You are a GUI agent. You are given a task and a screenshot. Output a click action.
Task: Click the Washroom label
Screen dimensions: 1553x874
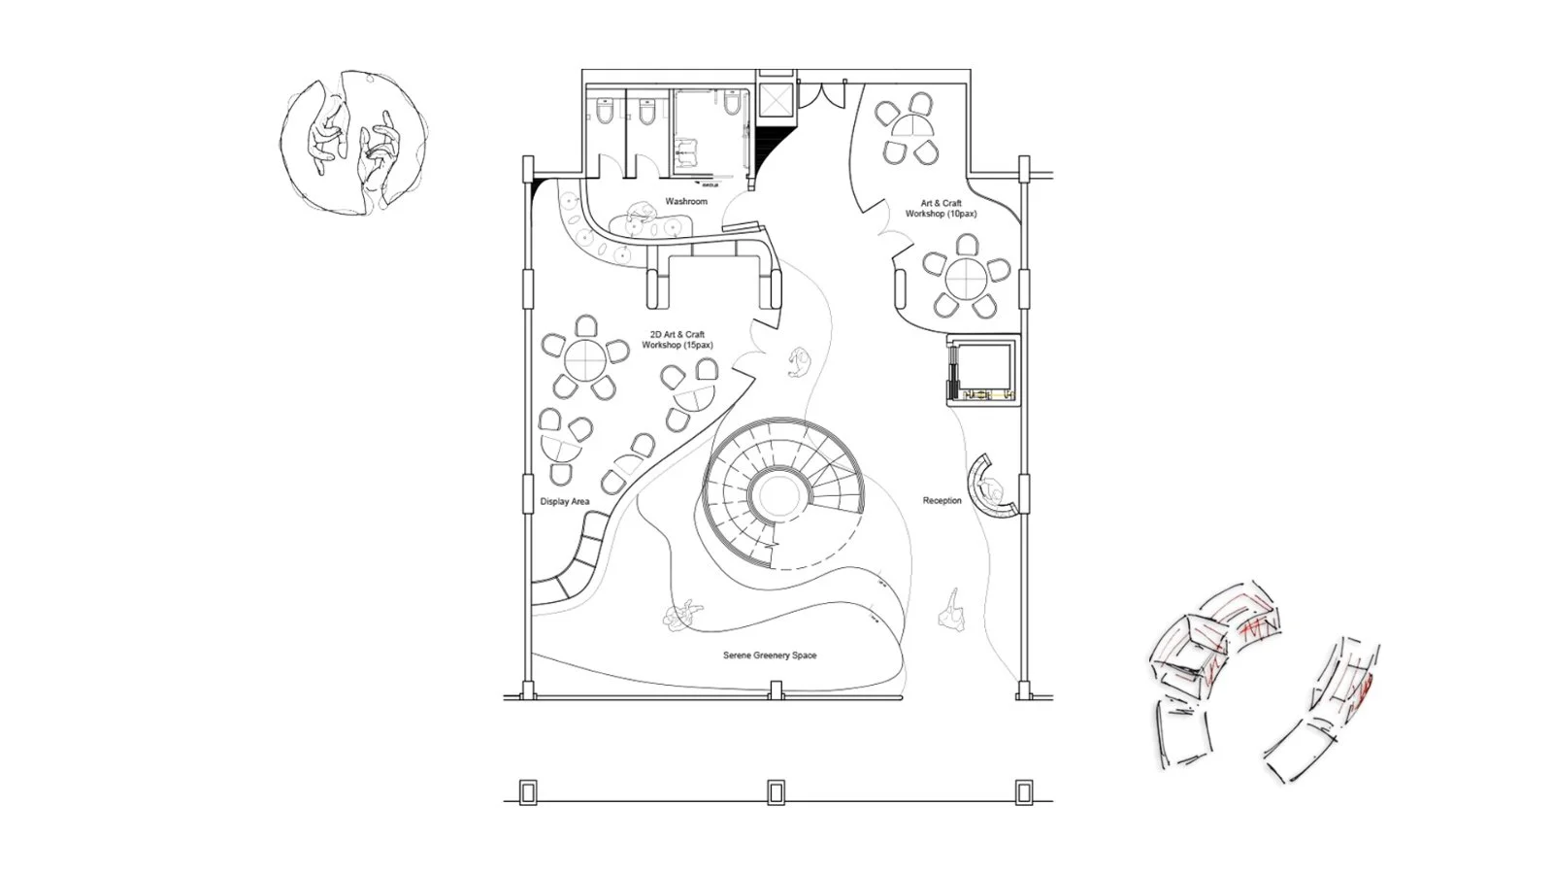click(x=685, y=201)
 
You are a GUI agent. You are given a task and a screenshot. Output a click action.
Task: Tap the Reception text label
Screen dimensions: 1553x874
click(x=942, y=501)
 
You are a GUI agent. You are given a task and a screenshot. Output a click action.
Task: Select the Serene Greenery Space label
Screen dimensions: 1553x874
click(x=770, y=655)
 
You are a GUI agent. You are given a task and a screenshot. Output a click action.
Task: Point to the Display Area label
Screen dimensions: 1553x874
click(x=565, y=502)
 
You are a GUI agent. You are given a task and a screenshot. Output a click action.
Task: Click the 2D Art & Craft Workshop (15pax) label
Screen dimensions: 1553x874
click(x=677, y=340)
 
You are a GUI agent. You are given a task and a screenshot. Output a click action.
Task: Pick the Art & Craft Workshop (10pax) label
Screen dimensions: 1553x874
click(x=942, y=209)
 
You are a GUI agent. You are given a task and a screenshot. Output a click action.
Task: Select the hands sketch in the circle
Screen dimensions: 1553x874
click(x=353, y=142)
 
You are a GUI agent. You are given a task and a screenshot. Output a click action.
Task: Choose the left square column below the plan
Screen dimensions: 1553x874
click(x=528, y=792)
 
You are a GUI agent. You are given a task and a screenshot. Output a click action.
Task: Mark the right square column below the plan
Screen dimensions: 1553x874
click(x=1023, y=792)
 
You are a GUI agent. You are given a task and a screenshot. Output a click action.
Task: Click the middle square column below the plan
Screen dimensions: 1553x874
click(x=776, y=792)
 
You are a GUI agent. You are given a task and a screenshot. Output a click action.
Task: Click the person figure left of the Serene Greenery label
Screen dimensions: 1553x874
click(x=681, y=614)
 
